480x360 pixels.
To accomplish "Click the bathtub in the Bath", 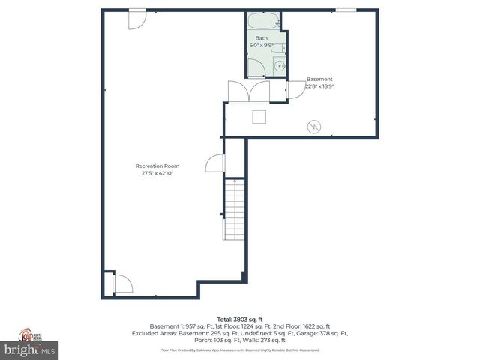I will click(263, 22).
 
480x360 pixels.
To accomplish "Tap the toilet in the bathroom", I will click(277, 49).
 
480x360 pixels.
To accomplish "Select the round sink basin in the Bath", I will click(279, 66).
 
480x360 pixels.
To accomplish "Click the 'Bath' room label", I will click(261, 37).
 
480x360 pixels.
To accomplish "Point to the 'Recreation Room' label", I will click(157, 166).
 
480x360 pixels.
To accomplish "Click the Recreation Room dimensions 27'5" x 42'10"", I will click(157, 173).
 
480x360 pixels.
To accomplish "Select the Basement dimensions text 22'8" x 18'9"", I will click(319, 86).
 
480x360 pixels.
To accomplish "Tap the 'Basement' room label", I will click(319, 79).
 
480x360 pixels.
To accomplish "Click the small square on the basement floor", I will click(259, 116).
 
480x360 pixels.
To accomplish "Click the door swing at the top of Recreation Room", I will click(137, 19).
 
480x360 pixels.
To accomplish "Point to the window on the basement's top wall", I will click(346, 10).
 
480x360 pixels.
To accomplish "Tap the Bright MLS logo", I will click(29, 349).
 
